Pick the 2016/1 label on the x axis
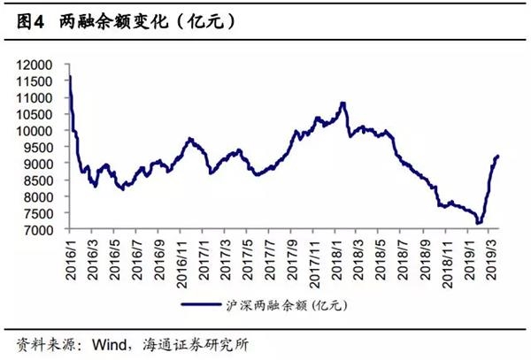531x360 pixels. [71, 257]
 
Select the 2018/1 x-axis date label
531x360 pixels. [338, 257]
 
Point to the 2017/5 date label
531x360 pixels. [250, 257]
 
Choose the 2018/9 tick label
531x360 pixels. [427, 257]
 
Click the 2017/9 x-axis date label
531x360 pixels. [294, 257]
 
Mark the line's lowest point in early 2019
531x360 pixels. [478, 224]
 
